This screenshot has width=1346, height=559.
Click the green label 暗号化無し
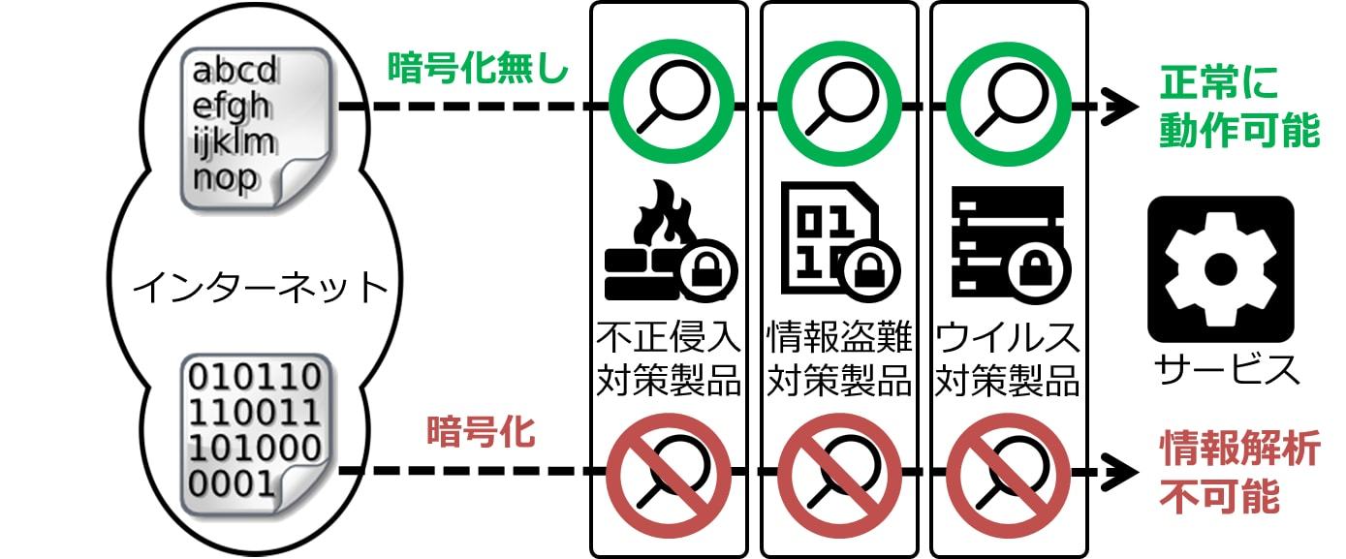coord(478,68)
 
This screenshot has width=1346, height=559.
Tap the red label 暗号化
coord(480,431)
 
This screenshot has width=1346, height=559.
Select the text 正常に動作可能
coord(1239,109)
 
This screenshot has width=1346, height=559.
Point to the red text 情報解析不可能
coord(1239,473)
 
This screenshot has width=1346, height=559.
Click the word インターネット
coord(260,288)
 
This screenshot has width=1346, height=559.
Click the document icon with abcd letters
coord(257,129)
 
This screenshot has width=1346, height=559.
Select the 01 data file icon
coord(839,240)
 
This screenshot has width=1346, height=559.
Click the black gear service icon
coord(1220,269)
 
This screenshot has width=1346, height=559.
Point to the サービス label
coord(1226,369)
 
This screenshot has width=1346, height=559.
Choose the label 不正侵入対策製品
coord(669,359)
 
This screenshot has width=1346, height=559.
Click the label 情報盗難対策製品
coord(839,359)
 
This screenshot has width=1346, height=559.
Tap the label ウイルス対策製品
coord(1008,359)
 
